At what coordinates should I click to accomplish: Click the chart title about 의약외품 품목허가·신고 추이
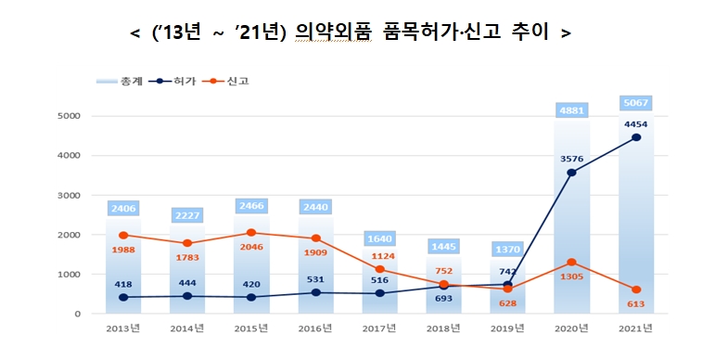pyautogui.click(x=351, y=32)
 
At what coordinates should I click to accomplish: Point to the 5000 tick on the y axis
pyautogui.click(x=70, y=116)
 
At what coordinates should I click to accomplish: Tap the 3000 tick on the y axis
pyautogui.click(x=70, y=196)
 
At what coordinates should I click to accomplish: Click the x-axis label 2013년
pyautogui.click(x=123, y=328)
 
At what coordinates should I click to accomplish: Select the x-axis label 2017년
pyautogui.click(x=379, y=328)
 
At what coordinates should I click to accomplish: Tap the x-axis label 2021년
pyautogui.click(x=635, y=328)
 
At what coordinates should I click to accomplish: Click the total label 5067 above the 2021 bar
pyautogui.click(x=635, y=103)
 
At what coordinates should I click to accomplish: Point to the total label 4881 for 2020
pyautogui.click(x=571, y=110)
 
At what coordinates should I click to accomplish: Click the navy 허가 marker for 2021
pyautogui.click(x=635, y=137)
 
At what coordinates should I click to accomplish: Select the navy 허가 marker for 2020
pyautogui.click(x=571, y=173)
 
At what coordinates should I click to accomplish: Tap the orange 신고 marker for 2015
pyautogui.click(x=251, y=233)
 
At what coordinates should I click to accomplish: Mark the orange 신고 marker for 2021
pyautogui.click(x=635, y=289)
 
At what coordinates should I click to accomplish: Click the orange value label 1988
pyautogui.click(x=123, y=250)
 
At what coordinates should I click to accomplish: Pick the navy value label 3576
pyautogui.click(x=571, y=159)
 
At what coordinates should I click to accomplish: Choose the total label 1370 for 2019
pyautogui.click(x=507, y=250)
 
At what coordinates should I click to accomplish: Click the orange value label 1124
pyautogui.click(x=379, y=257)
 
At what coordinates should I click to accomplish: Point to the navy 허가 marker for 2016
pyautogui.click(x=315, y=292)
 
